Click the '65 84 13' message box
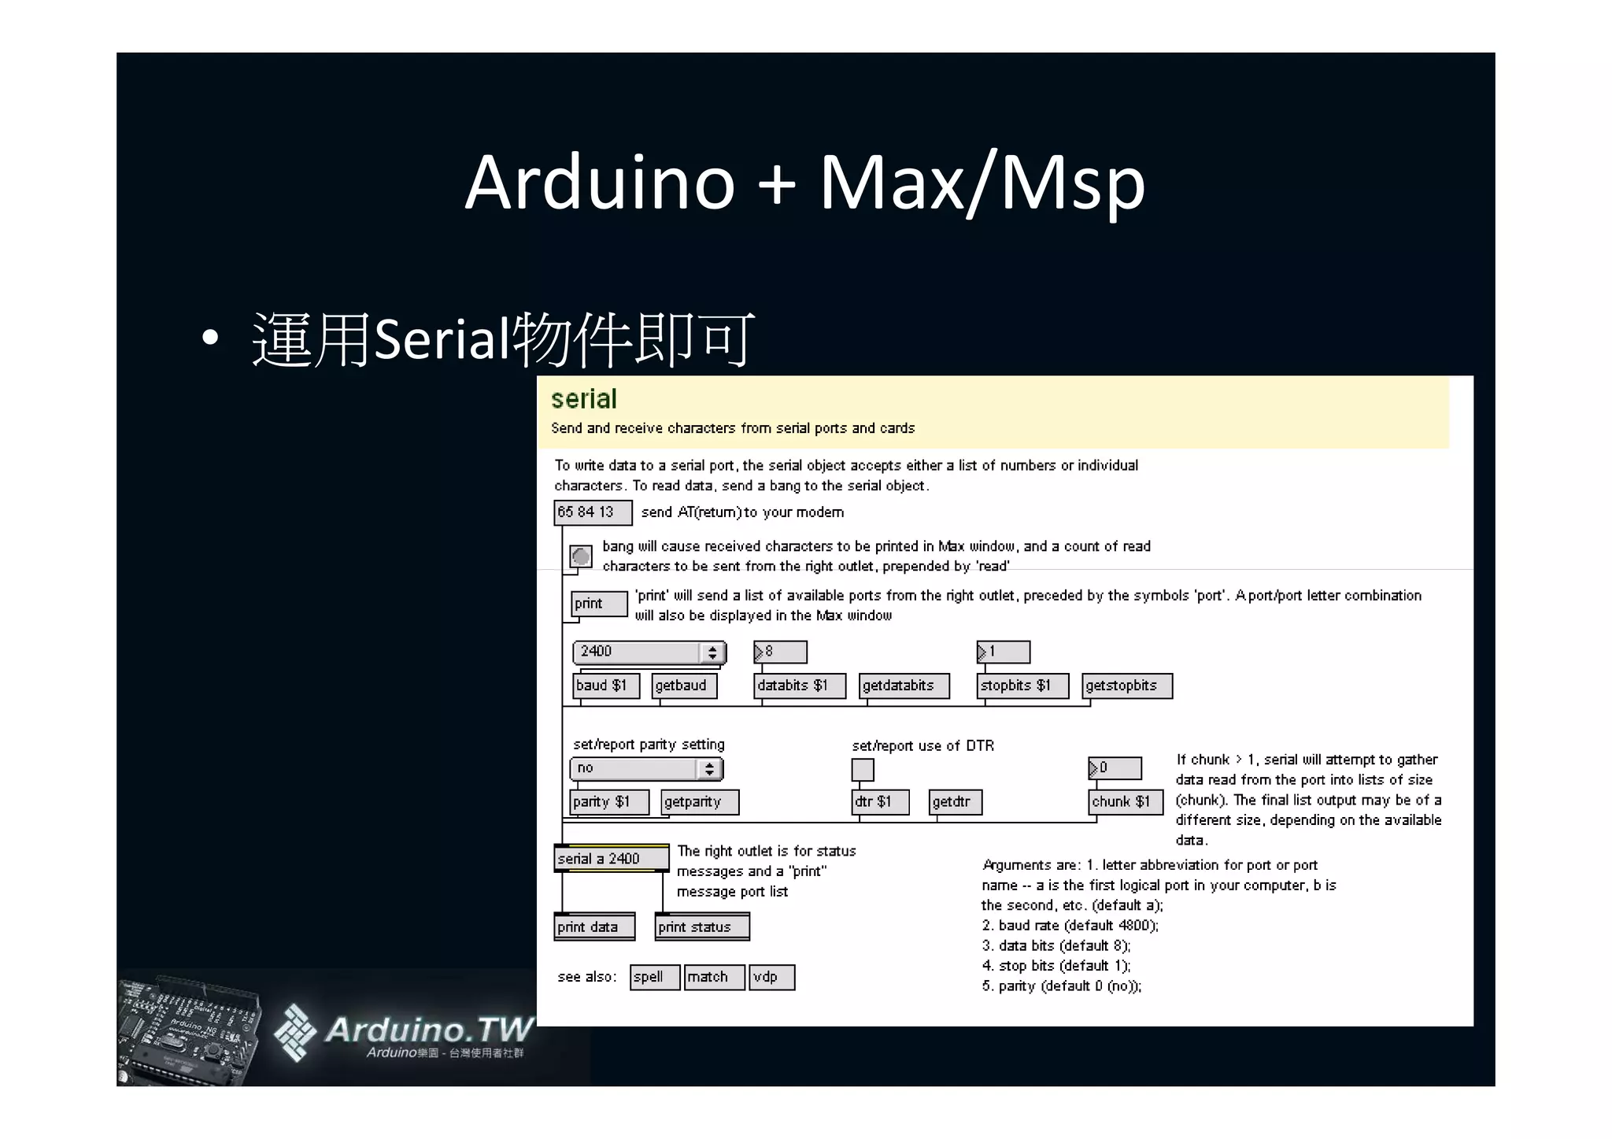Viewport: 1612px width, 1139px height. pos(592,512)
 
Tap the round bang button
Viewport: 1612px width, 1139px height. pos(581,557)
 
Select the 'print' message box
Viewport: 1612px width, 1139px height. pos(598,604)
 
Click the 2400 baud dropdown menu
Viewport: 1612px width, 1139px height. pos(649,652)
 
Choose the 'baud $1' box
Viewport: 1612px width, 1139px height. pos(605,686)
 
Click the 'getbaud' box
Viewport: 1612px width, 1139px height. pos(684,686)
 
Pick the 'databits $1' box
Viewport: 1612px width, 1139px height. pos(799,686)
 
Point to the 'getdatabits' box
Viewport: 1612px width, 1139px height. pos(904,686)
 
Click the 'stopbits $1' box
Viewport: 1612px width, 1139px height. pos(1022,686)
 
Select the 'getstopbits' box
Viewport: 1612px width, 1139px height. pos(1126,686)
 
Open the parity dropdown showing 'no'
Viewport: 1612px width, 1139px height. pos(645,768)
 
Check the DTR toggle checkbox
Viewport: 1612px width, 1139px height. pos(863,769)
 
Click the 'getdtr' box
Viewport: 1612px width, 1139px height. pos(955,802)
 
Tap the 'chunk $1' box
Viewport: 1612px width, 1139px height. pos(1125,802)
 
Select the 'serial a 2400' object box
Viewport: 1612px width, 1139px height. pos(611,858)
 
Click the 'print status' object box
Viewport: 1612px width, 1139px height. pos(701,927)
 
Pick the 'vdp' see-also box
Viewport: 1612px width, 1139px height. pos(771,977)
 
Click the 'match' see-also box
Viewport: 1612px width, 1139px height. pos(713,977)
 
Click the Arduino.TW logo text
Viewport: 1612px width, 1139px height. pos(429,1029)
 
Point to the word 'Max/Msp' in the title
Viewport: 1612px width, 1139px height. pos(982,183)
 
